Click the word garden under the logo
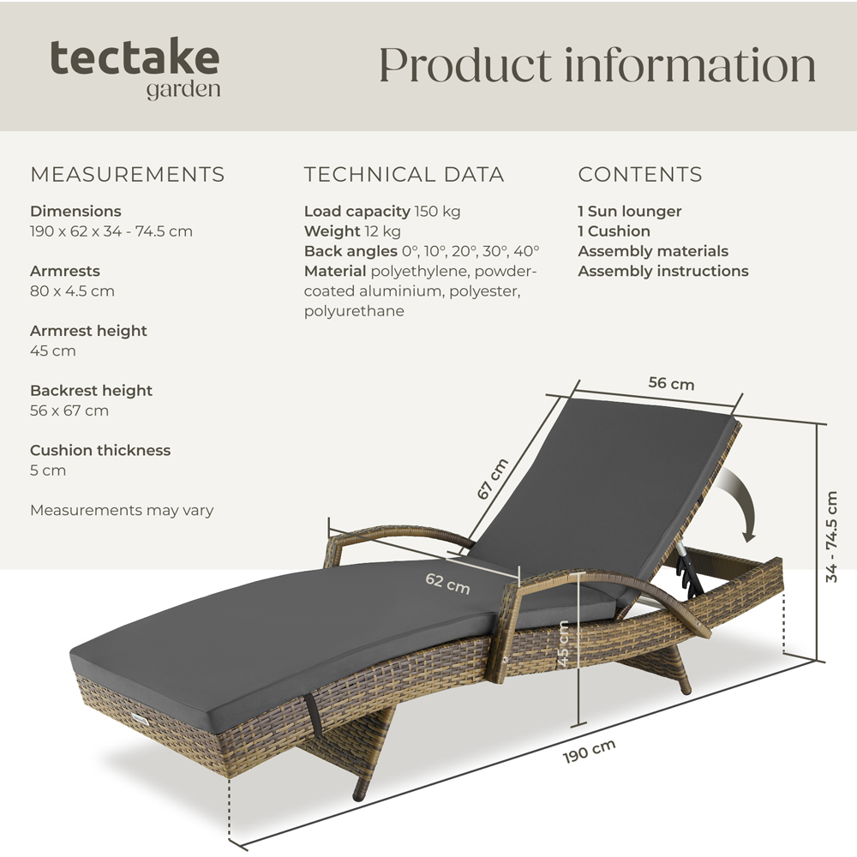(183, 90)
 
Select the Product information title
(597, 65)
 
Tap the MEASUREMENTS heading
(128, 174)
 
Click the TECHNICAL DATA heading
(404, 174)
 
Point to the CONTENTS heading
(640, 174)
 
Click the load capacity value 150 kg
(437, 212)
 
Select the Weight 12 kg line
(352, 231)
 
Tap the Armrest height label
(88, 331)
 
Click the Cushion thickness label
(100, 451)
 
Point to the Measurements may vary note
(122, 511)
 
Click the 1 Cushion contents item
(614, 231)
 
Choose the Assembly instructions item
(663, 271)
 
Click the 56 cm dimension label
(671, 383)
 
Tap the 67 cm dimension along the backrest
(493, 479)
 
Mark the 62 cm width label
(447, 583)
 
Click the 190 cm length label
(590, 751)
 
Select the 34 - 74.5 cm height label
(831, 536)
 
